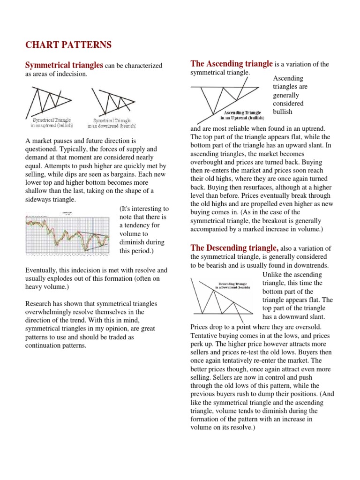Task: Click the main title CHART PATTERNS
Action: tap(68, 45)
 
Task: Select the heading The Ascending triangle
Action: tap(231, 63)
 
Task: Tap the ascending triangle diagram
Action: tap(225, 97)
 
